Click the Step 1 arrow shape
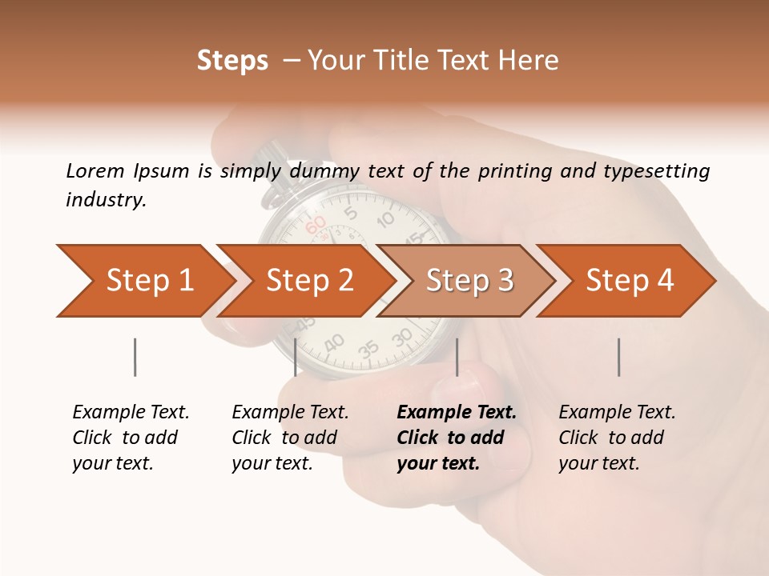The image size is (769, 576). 144,281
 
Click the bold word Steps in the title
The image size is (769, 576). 232,61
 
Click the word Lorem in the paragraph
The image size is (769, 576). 95,170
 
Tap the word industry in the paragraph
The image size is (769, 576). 106,200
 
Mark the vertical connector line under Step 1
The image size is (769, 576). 135,357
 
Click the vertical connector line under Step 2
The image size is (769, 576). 296,357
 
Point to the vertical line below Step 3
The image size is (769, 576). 457,357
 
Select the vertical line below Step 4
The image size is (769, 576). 619,357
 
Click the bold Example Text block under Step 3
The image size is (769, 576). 456,438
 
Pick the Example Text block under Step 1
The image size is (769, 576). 131,438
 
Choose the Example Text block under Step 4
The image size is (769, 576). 617,438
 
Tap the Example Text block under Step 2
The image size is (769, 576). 290,438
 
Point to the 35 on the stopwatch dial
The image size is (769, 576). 368,350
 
